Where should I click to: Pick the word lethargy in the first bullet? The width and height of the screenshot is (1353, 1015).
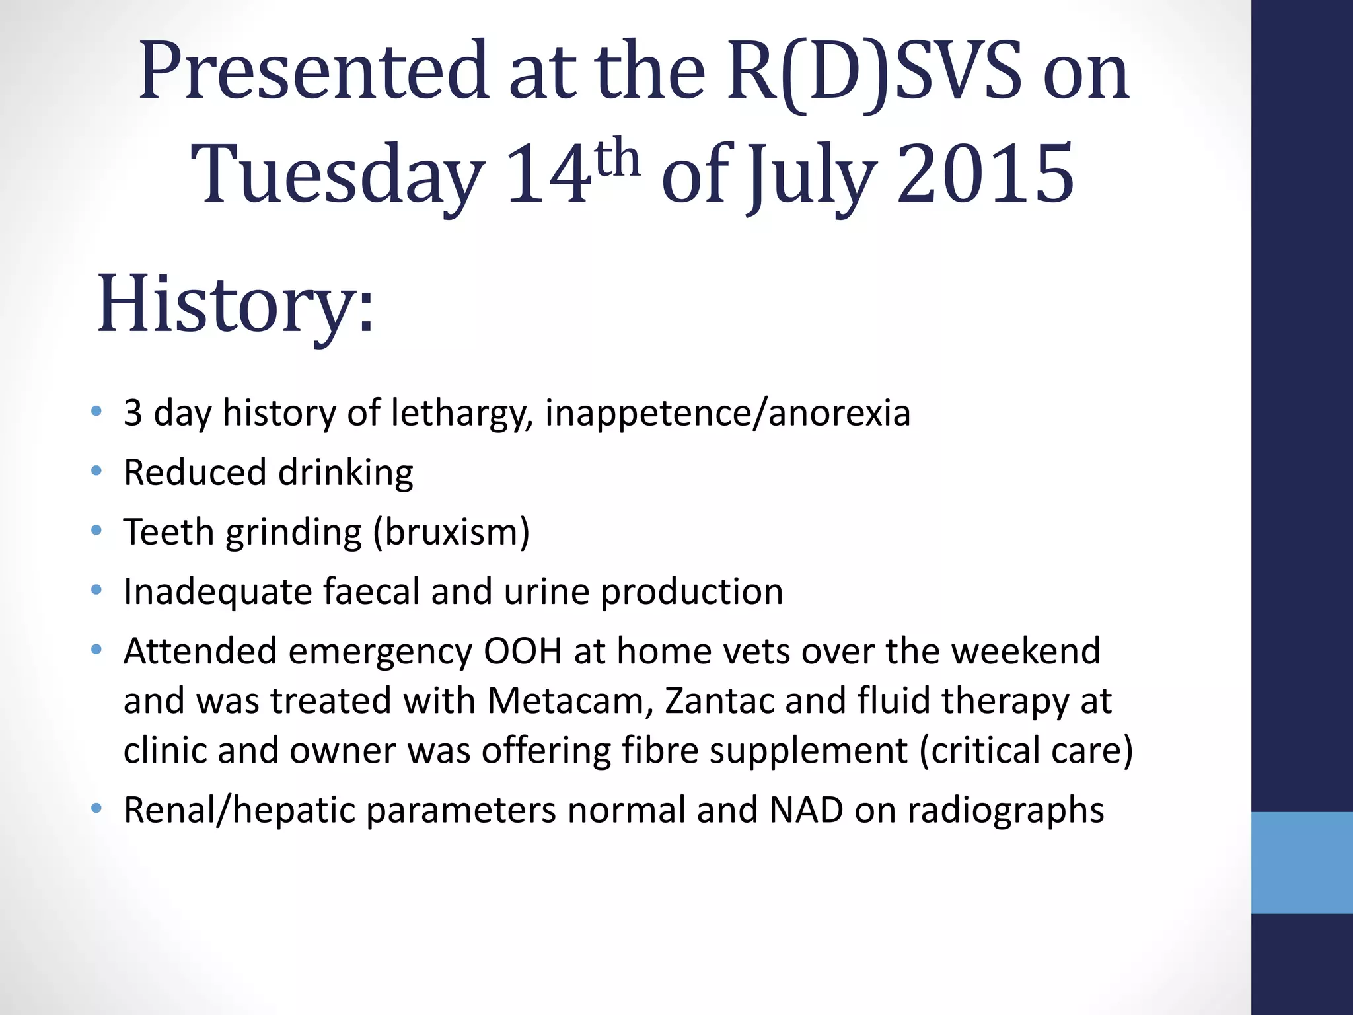tap(462, 414)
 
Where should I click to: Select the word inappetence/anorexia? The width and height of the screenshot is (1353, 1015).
tap(727, 414)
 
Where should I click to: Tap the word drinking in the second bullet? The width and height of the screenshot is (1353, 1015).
tap(346, 473)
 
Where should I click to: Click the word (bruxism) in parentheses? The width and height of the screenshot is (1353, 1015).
tap(451, 533)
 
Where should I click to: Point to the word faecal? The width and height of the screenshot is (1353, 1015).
tap(371, 591)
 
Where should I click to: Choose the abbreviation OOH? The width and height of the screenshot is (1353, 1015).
tap(523, 651)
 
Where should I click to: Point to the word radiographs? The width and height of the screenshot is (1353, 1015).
tap(1005, 811)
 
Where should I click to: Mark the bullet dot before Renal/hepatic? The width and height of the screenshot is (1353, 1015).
tap(97, 808)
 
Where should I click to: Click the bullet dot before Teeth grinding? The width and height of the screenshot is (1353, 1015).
tap(97, 530)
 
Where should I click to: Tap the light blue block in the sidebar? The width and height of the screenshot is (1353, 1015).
tap(1302, 862)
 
